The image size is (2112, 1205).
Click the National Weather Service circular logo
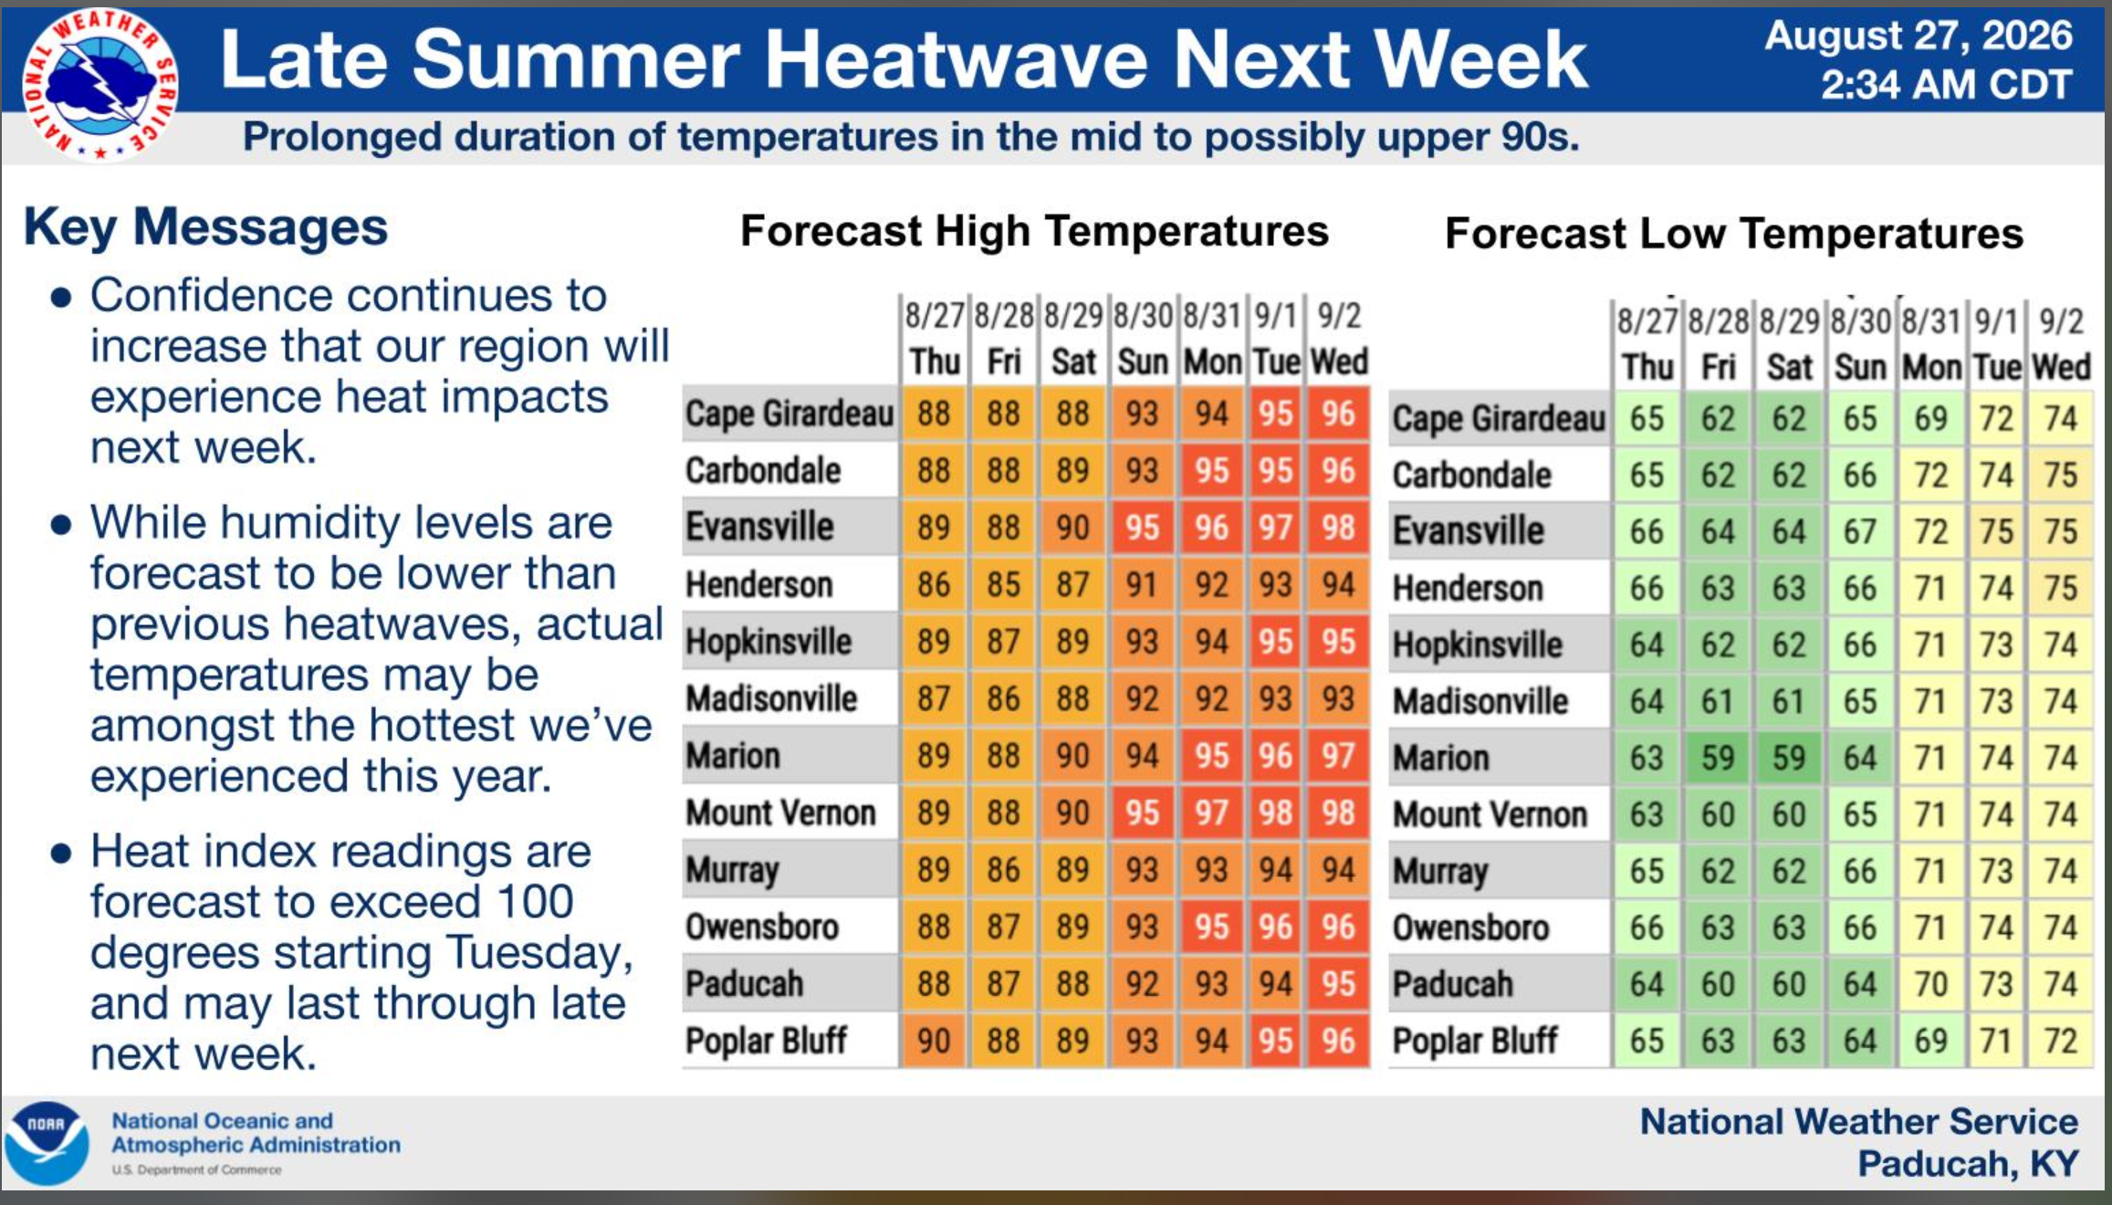coord(100,86)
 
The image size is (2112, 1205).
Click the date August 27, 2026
coord(1919,37)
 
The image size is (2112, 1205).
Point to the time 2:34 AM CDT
coord(1947,85)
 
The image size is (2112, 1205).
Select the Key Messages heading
coord(205,226)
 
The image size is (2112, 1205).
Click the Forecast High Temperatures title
coord(1034,231)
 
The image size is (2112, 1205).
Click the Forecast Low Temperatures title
coord(1734,234)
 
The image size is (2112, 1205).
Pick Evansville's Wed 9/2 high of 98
coord(1338,528)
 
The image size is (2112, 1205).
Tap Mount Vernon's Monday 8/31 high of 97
coord(1211,812)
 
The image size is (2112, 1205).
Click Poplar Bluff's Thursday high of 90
coord(934,1041)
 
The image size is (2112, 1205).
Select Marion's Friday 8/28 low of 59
coord(1718,758)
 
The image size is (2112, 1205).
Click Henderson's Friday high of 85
coord(1003,584)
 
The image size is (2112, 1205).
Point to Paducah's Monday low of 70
coord(1931,984)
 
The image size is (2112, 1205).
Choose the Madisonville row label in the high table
coord(772,699)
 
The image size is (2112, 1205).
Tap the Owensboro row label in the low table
coord(1471,927)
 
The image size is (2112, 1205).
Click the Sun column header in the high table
coord(1143,362)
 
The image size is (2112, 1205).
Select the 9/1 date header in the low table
coord(1996,321)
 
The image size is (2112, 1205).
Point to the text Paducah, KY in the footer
coord(1968,1164)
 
